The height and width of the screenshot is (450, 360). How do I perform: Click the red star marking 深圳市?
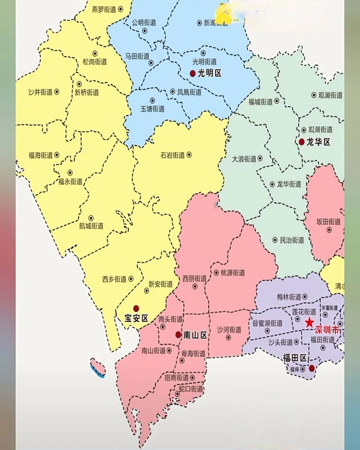309,322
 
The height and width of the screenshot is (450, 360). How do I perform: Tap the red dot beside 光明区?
193,73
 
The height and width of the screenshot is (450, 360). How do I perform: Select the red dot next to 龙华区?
302,142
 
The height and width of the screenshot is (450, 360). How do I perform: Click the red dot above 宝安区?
136,309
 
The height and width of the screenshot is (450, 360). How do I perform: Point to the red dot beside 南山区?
179,335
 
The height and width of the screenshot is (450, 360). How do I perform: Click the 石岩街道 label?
173,155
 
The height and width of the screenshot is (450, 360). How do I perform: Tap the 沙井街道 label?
40,92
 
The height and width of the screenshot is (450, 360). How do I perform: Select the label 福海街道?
40,155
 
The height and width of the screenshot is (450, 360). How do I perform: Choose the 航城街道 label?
91,226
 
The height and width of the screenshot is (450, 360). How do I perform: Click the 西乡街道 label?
114,279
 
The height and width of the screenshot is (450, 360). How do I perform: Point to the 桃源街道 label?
233,273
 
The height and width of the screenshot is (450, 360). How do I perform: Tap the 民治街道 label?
292,240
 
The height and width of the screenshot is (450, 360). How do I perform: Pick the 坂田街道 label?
328,222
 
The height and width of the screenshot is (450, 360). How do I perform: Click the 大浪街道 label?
244,159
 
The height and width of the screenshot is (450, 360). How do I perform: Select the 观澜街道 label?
330,95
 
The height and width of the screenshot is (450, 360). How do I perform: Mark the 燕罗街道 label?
104,9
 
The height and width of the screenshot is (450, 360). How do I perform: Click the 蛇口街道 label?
191,389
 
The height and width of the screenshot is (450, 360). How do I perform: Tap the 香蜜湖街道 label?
268,323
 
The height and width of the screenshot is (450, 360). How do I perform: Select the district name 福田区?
295,358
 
